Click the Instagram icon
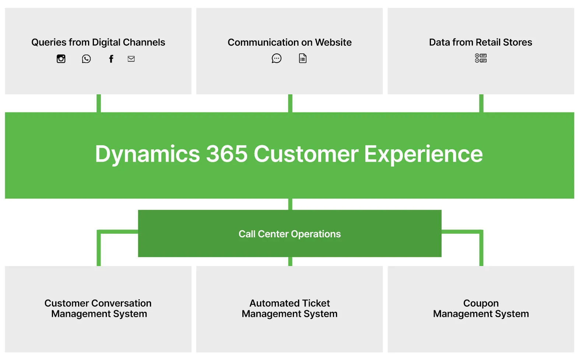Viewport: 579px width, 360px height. coord(61,59)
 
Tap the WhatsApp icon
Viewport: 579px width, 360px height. coord(86,59)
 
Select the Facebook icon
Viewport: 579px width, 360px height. coord(111,59)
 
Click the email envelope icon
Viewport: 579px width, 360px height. coord(131,59)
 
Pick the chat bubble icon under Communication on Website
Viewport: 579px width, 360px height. coord(277,59)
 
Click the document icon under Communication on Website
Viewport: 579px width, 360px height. coord(303,59)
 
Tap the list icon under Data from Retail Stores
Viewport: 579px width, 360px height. coord(481,58)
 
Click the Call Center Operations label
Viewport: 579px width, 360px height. coord(289,234)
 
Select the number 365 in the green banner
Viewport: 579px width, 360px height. coord(227,154)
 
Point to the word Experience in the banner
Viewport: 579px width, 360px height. coord(423,154)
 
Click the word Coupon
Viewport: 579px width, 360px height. coord(481,303)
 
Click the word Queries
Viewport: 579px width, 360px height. coord(49,42)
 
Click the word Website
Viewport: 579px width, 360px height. coord(333,42)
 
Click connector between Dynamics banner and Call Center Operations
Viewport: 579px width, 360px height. coord(290,204)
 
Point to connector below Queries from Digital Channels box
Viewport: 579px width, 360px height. coord(99,103)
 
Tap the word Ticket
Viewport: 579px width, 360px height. coord(316,303)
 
